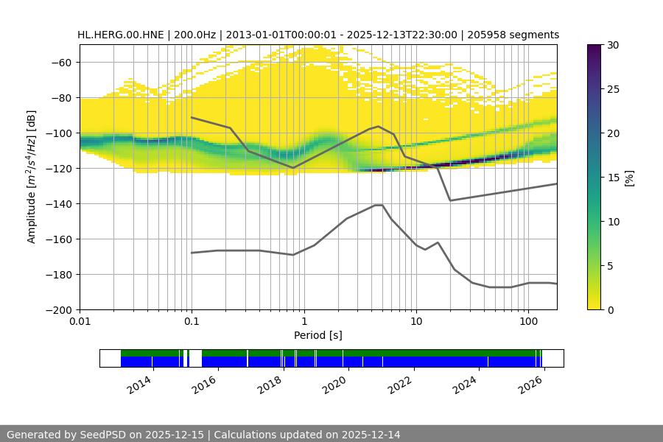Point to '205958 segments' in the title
tap(513, 35)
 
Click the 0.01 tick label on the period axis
tap(80, 322)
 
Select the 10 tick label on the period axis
tap(415, 322)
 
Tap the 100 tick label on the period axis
tap(527, 322)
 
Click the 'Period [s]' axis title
tap(318, 335)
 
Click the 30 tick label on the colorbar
tap(613, 45)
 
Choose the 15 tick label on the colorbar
tap(613, 178)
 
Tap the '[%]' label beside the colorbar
tap(629, 178)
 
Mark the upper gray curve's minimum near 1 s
tap(293, 168)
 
